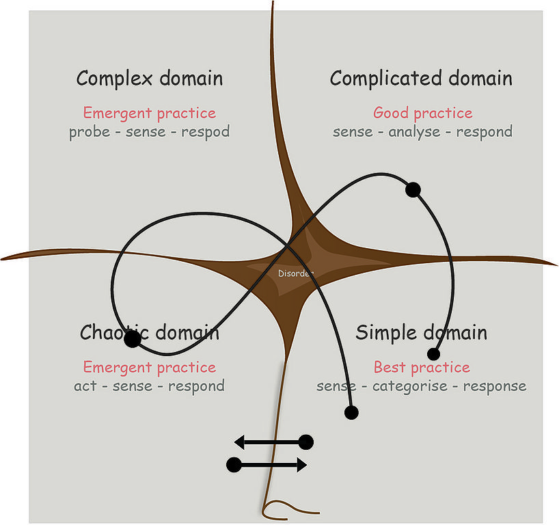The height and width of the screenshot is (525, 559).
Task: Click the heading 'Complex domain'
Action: click(x=149, y=79)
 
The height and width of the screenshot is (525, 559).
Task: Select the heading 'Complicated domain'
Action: click(x=421, y=79)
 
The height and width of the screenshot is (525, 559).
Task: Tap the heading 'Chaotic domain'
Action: click(x=150, y=333)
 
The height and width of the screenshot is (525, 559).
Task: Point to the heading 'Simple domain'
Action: click(x=422, y=333)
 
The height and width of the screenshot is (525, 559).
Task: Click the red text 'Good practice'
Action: click(x=422, y=113)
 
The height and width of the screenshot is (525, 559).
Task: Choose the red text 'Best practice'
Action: click(x=422, y=368)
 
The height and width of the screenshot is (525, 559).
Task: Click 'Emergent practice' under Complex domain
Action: click(x=149, y=113)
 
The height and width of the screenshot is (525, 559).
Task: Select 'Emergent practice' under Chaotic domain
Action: click(x=149, y=368)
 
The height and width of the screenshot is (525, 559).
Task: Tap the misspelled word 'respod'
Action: click(x=205, y=131)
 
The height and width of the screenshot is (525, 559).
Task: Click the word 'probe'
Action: click(x=89, y=131)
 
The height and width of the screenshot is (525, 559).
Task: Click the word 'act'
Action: click(x=85, y=386)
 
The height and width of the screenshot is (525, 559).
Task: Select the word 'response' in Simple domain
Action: click(x=495, y=386)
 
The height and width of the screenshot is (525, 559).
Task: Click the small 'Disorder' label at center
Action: click(x=296, y=273)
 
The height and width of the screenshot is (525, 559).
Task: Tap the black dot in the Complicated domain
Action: click(x=412, y=189)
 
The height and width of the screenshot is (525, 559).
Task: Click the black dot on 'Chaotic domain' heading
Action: click(x=133, y=338)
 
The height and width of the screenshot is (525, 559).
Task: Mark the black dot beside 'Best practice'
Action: click(x=433, y=354)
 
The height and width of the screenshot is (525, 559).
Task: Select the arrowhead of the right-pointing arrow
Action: click(x=301, y=465)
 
